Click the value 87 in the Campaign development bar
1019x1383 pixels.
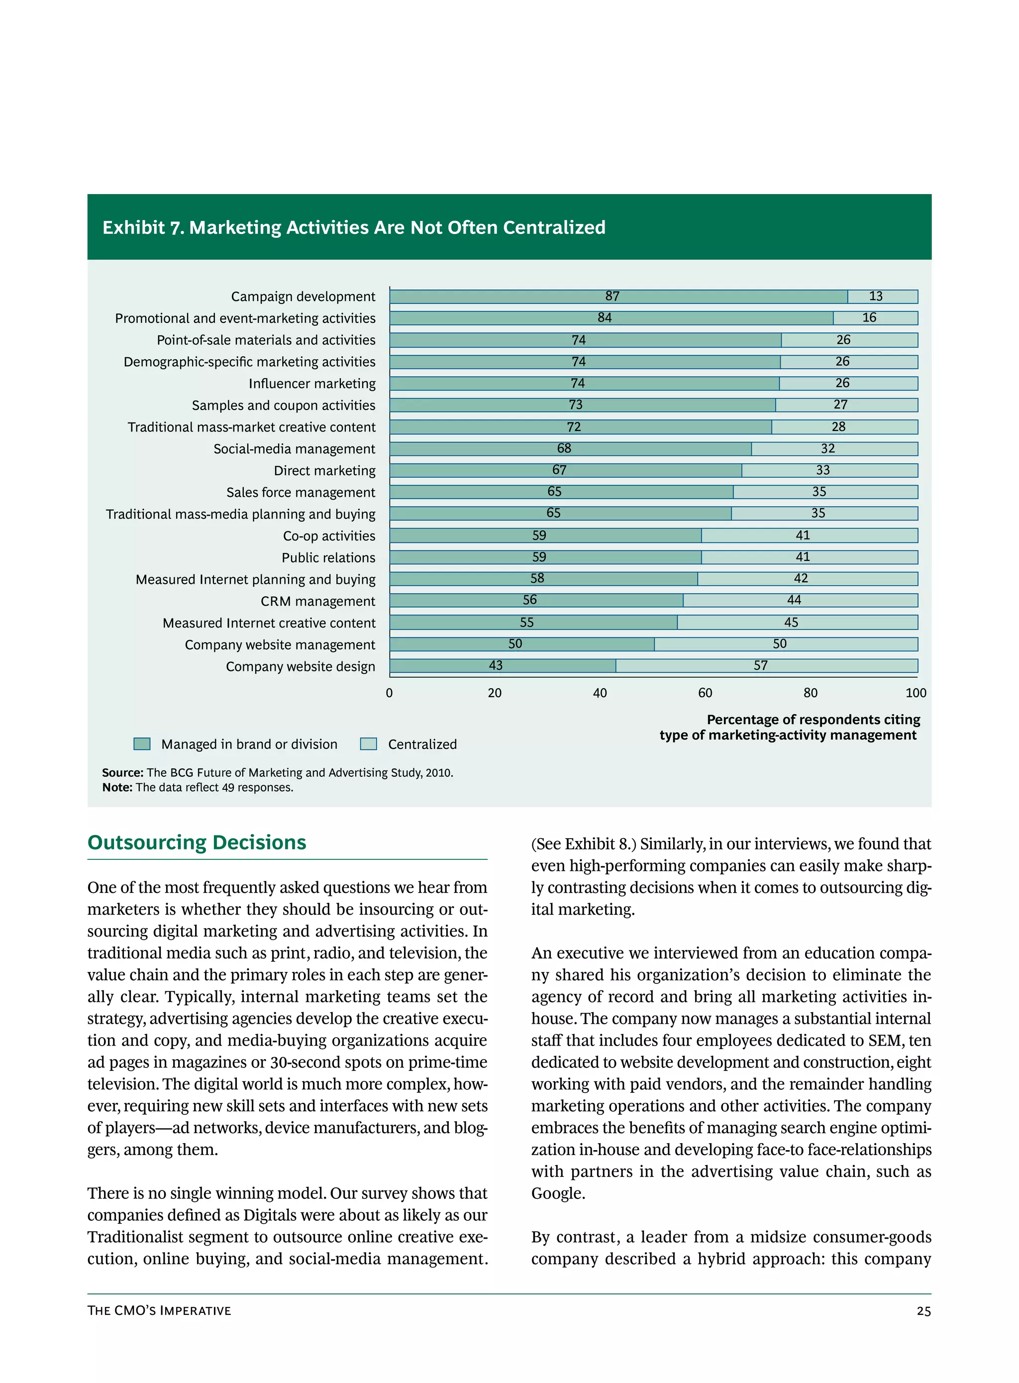pos(612,296)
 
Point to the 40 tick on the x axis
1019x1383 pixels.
pos(600,693)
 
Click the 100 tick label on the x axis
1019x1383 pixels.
pos(916,693)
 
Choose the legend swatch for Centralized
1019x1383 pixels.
pos(368,744)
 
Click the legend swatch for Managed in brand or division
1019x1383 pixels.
pos(142,744)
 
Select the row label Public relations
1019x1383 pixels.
pos(328,558)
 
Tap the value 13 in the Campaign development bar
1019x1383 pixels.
pos(875,296)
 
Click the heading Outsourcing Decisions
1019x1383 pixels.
pos(197,843)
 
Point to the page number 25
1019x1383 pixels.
pos(923,1311)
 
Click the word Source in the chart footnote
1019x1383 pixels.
pos(122,773)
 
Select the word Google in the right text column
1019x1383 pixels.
pos(558,1193)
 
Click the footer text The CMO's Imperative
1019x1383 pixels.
pos(159,1311)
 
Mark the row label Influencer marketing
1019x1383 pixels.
pos(312,384)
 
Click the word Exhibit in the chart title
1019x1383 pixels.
pos(134,227)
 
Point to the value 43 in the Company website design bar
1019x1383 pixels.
pos(495,665)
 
